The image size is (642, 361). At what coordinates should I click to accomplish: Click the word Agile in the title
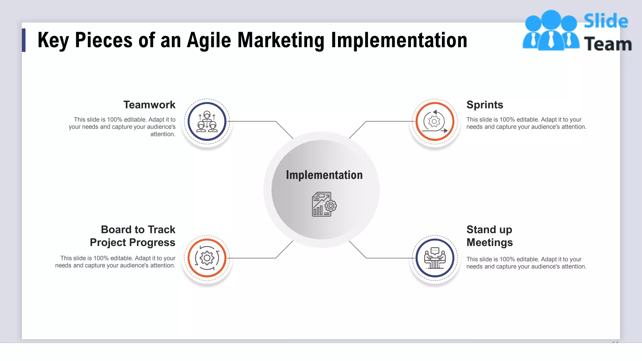[x=209, y=40]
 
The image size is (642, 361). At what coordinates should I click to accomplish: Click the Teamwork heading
[x=149, y=105]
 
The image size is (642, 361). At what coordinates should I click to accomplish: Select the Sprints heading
[x=485, y=105]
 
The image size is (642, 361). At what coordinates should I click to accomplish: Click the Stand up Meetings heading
[x=489, y=236]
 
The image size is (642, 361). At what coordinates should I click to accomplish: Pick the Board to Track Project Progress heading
[x=133, y=236]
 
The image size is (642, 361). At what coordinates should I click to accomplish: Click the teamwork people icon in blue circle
[x=207, y=121]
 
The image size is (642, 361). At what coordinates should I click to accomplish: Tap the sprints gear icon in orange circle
[x=435, y=121]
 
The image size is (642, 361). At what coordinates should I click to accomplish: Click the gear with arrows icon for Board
[x=207, y=258]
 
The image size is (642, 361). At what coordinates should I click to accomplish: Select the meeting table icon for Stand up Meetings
[x=435, y=258]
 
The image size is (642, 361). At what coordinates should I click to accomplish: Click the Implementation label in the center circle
[x=324, y=175]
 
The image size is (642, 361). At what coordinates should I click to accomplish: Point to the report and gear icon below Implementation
[x=324, y=204]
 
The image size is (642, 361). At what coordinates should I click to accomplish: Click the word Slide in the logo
[x=606, y=21]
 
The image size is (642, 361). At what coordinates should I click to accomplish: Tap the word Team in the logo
[x=608, y=44]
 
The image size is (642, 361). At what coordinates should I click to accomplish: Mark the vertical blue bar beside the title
[x=24, y=40]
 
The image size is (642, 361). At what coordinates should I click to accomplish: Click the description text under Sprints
[x=526, y=123]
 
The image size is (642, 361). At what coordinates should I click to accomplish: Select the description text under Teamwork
[x=122, y=127]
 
